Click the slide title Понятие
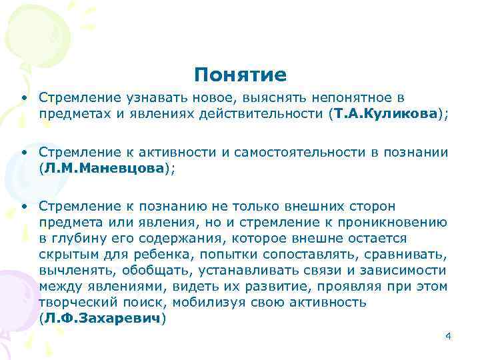click(241, 75)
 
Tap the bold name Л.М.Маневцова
click(107, 169)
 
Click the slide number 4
click(447, 335)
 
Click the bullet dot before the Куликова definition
click(23, 98)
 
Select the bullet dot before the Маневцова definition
click(23, 153)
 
